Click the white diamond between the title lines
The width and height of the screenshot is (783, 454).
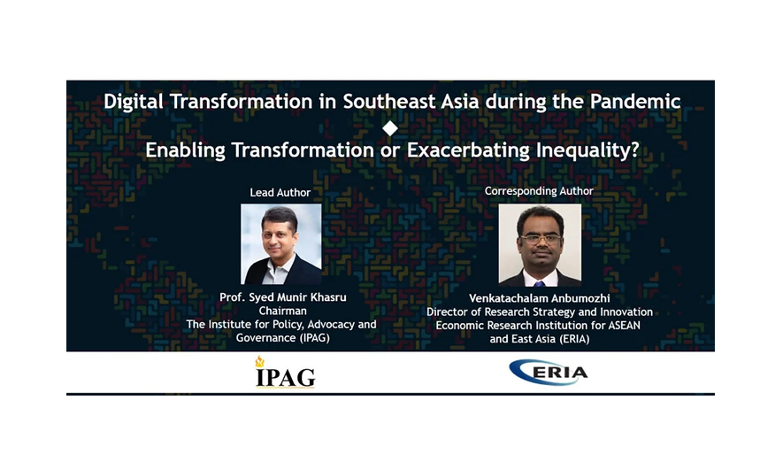click(x=390, y=128)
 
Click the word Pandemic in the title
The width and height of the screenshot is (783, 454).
click(x=635, y=102)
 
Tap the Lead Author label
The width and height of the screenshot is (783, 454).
click(x=280, y=192)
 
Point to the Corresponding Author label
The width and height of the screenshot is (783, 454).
click(x=539, y=191)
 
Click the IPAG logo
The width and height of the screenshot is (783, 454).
click(x=286, y=372)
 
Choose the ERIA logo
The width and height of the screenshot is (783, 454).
click(x=549, y=372)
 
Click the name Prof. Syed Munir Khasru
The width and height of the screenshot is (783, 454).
click(x=282, y=297)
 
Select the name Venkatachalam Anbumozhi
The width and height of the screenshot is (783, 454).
click(x=540, y=298)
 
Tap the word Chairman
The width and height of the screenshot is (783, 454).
click(x=282, y=311)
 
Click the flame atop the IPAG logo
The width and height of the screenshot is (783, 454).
click(x=259, y=361)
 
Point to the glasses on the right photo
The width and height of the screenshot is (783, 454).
click(x=540, y=239)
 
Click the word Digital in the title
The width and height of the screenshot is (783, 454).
click(x=134, y=102)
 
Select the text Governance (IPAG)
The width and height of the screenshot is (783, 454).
click(x=282, y=338)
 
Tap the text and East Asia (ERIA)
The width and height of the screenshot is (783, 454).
click(x=540, y=339)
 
